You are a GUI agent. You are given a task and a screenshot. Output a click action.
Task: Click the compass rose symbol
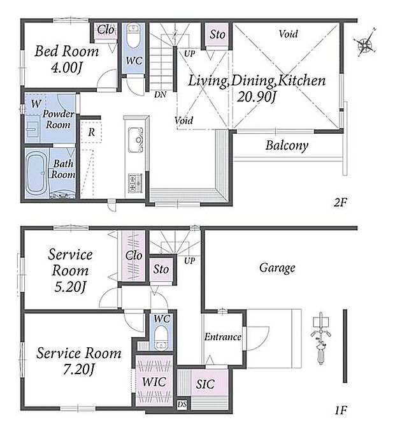(x=366, y=43)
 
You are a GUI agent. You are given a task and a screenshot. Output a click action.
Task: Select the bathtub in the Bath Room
(x=36, y=173)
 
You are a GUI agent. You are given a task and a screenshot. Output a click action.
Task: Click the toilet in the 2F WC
(x=133, y=36)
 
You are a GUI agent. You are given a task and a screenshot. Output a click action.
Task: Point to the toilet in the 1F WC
(x=161, y=338)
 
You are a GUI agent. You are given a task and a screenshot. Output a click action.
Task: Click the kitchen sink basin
(x=136, y=140)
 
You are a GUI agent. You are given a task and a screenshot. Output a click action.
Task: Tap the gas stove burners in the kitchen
(x=135, y=183)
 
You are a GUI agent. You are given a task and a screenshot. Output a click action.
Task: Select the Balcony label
(x=287, y=145)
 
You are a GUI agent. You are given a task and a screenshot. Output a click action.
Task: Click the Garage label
(x=277, y=268)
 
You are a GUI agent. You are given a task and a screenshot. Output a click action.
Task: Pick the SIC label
(x=205, y=384)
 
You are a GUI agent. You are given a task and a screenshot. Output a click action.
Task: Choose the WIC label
(x=154, y=382)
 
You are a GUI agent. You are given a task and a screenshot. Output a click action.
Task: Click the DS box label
(x=182, y=405)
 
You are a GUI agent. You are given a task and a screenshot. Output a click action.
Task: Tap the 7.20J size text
(x=78, y=369)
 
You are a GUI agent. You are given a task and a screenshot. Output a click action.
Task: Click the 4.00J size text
(x=66, y=68)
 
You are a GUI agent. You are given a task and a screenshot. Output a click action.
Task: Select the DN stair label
(x=160, y=94)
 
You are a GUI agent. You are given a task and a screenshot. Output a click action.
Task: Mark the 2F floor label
(x=340, y=202)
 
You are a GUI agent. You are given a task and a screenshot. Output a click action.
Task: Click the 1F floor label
(x=341, y=410)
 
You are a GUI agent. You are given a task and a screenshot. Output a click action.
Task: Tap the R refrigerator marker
(x=92, y=133)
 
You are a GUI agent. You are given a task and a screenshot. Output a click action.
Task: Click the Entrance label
(x=223, y=337)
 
